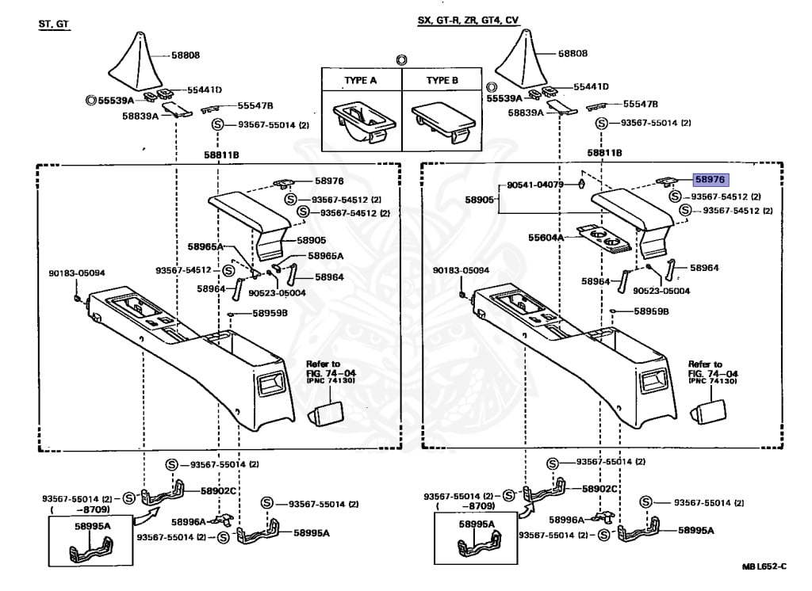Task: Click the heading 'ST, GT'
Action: (55, 24)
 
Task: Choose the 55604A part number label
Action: (546, 238)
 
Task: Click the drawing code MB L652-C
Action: (764, 566)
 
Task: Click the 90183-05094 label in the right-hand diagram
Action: (462, 270)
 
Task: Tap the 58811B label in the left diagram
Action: (218, 154)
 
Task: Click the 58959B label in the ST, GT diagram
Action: (270, 313)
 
